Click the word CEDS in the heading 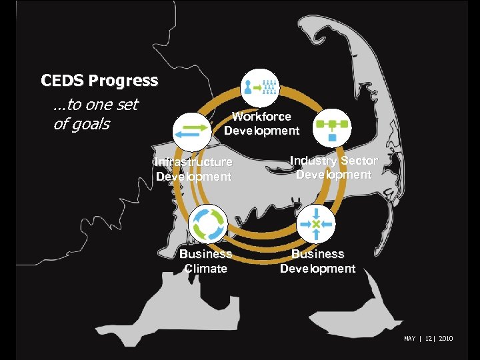tap(62, 81)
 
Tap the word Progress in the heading tap(123, 81)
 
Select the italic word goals tap(91, 125)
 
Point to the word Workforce tap(261, 117)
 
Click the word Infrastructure tap(193, 162)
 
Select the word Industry tap(314, 161)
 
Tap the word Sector tap(359, 161)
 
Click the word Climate tap(205, 269)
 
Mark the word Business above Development tap(317, 254)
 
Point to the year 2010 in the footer tap(445, 339)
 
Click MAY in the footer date tap(409, 339)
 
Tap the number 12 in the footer tap(427, 339)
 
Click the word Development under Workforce tap(261, 131)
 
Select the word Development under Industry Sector tap(333, 175)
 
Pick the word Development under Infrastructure tap(193, 177)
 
